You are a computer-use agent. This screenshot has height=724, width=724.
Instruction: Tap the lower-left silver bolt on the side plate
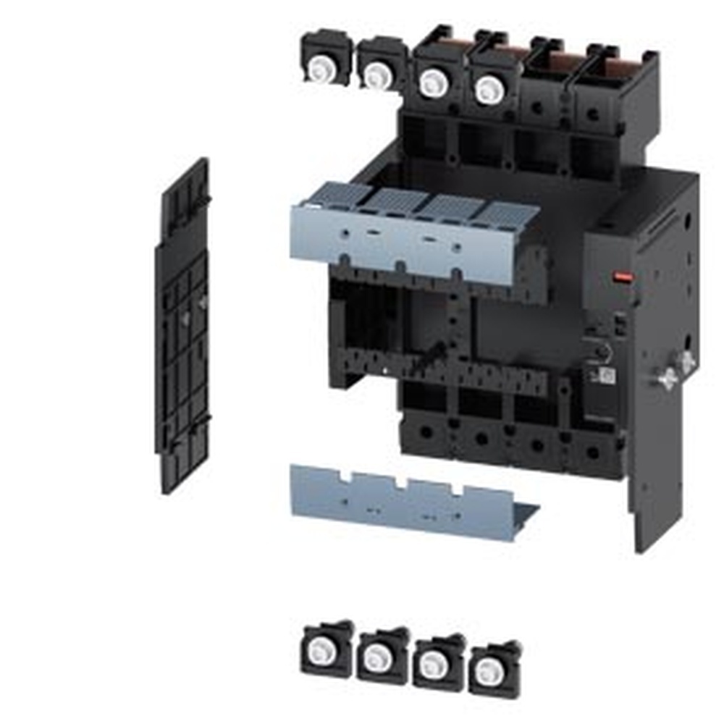click(666, 377)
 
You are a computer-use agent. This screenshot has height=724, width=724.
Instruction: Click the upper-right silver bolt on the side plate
click(686, 361)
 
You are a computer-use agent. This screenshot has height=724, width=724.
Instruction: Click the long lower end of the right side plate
click(655, 507)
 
